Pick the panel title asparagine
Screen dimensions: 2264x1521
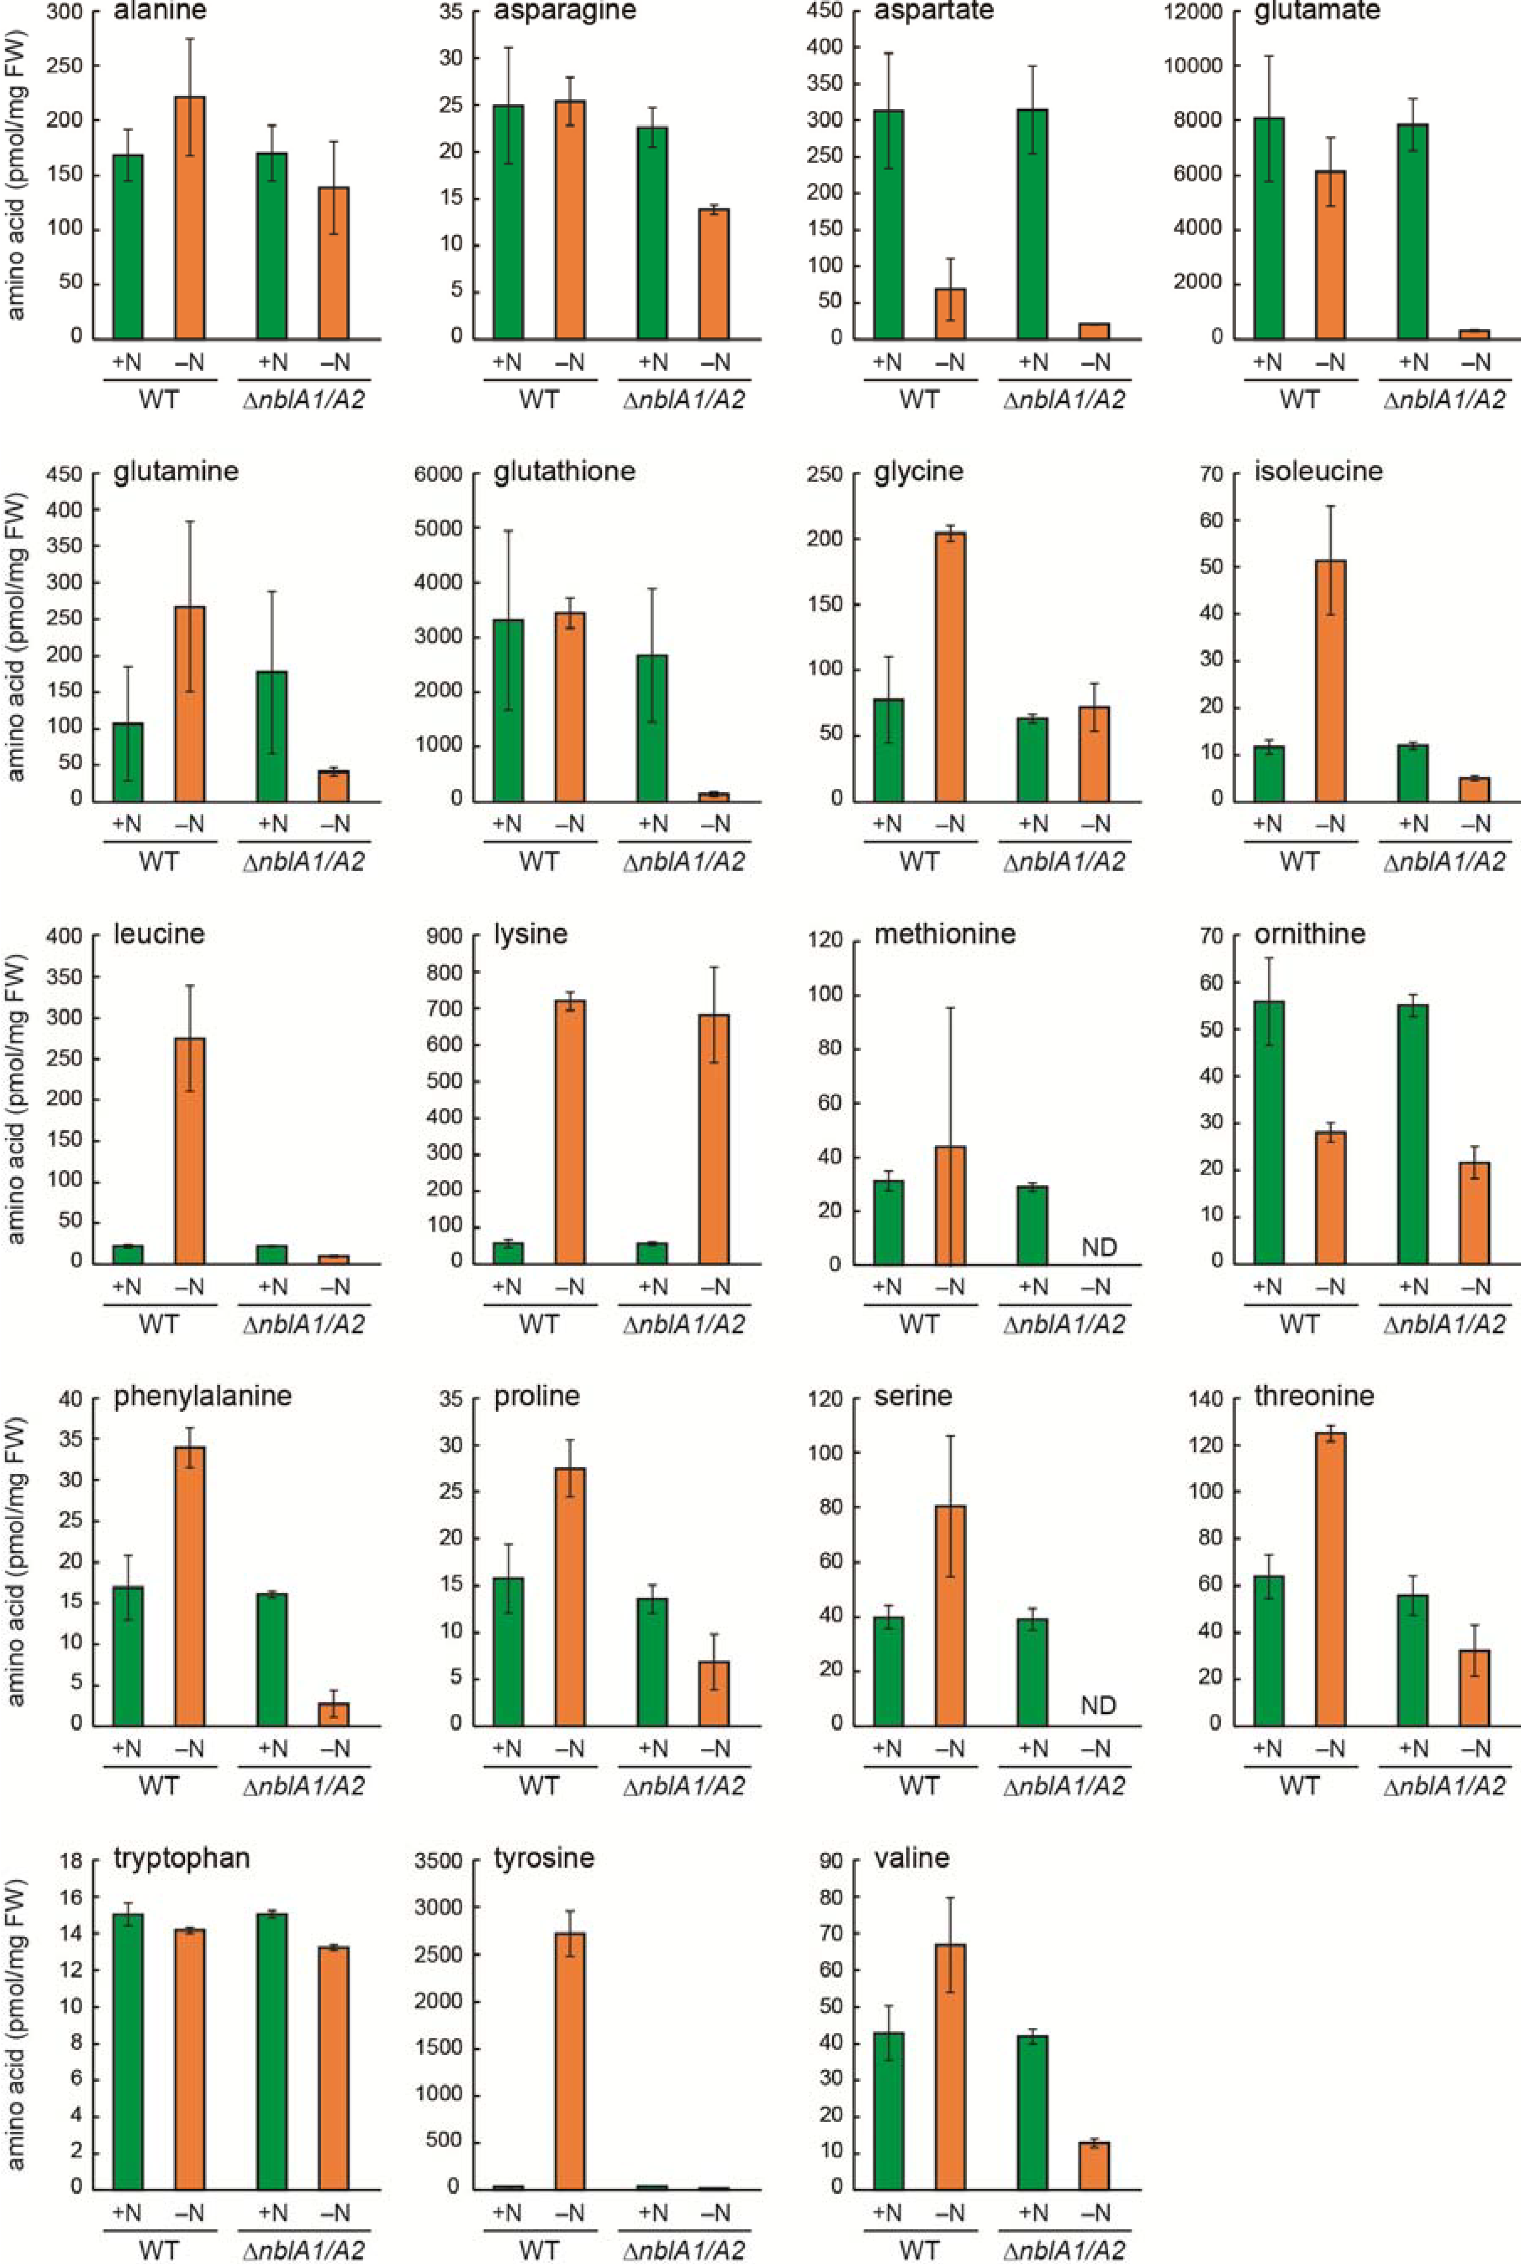(x=564, y=12)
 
